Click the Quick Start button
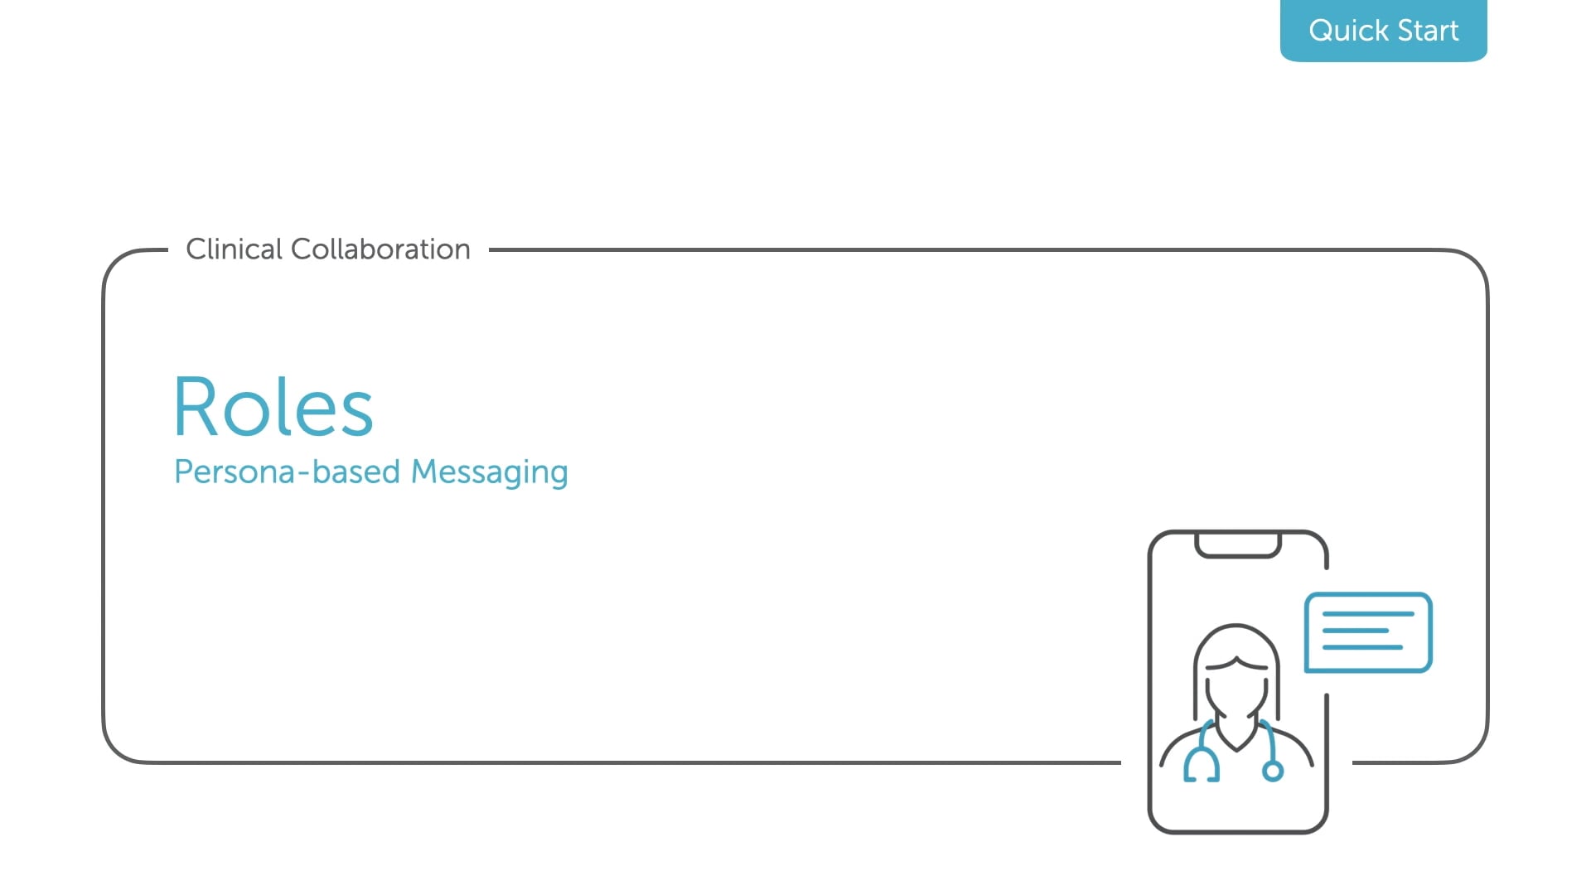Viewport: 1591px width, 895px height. pyautogui.click(x=1383, y=31)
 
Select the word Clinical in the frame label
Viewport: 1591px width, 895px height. pyautogui.click(x=235, y=249)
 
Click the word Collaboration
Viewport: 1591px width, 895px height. pyautogui.click(x=380, y=249)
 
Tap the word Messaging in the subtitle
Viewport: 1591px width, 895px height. pyautogui.click(x=490, y=473)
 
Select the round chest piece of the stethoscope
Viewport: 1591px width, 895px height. pyautogui.click(x=1273, y=772)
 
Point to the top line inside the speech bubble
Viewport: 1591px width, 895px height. pyautogui.click(x=1368, y=614)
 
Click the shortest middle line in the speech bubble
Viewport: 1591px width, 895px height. pyautogui.click(x=1355, y=631)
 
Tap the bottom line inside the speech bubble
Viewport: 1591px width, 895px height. pyautogui.click(x=1362, y=647)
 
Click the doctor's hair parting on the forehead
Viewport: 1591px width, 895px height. pyautogui.click(x=1236, y=660)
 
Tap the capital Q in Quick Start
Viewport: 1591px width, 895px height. pyautogui.click(x=1323, y=31)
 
